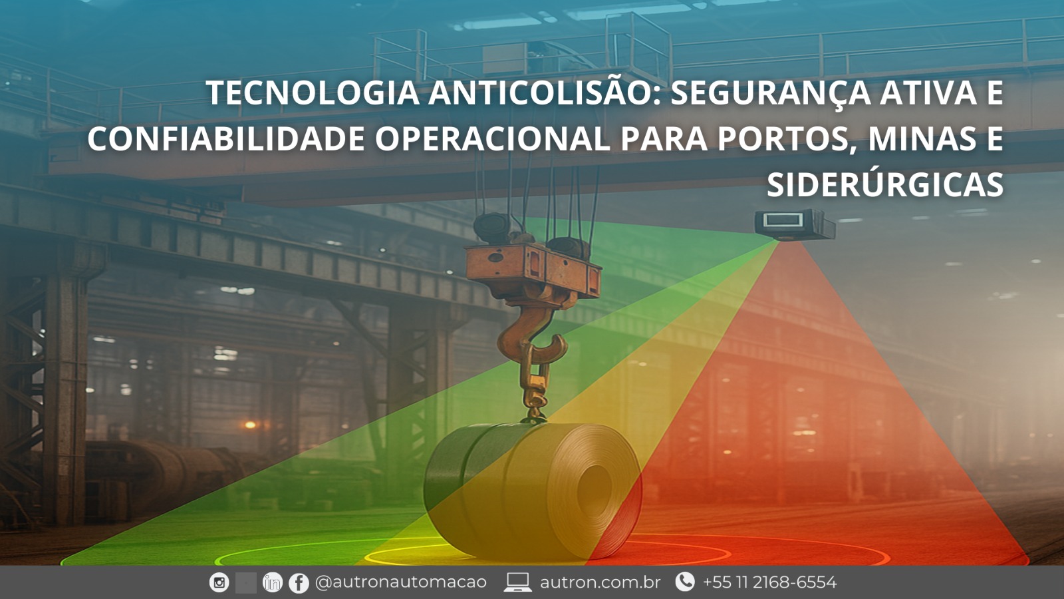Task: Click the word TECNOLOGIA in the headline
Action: (x=312, y=93)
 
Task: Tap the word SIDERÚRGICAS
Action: (x=884, y=185)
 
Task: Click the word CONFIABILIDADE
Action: (x=226, y=139)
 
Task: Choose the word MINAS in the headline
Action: (x=922, y=139)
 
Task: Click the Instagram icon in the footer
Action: (x=219, y=582)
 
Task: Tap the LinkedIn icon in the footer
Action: (x=272, y=582)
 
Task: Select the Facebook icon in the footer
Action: (x=299, y=583)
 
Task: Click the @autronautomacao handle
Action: (x=401, y=582)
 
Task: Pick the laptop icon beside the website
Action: (x=517, y=582)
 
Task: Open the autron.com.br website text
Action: (x=600, y=582)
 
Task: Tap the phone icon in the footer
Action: (x=684, y=582)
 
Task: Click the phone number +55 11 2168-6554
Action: (x=769, y=582)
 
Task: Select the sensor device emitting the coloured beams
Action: (x=794, y=224)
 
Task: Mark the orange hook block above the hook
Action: (x=532, y=270)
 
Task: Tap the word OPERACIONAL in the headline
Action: (x=492, y=139)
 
